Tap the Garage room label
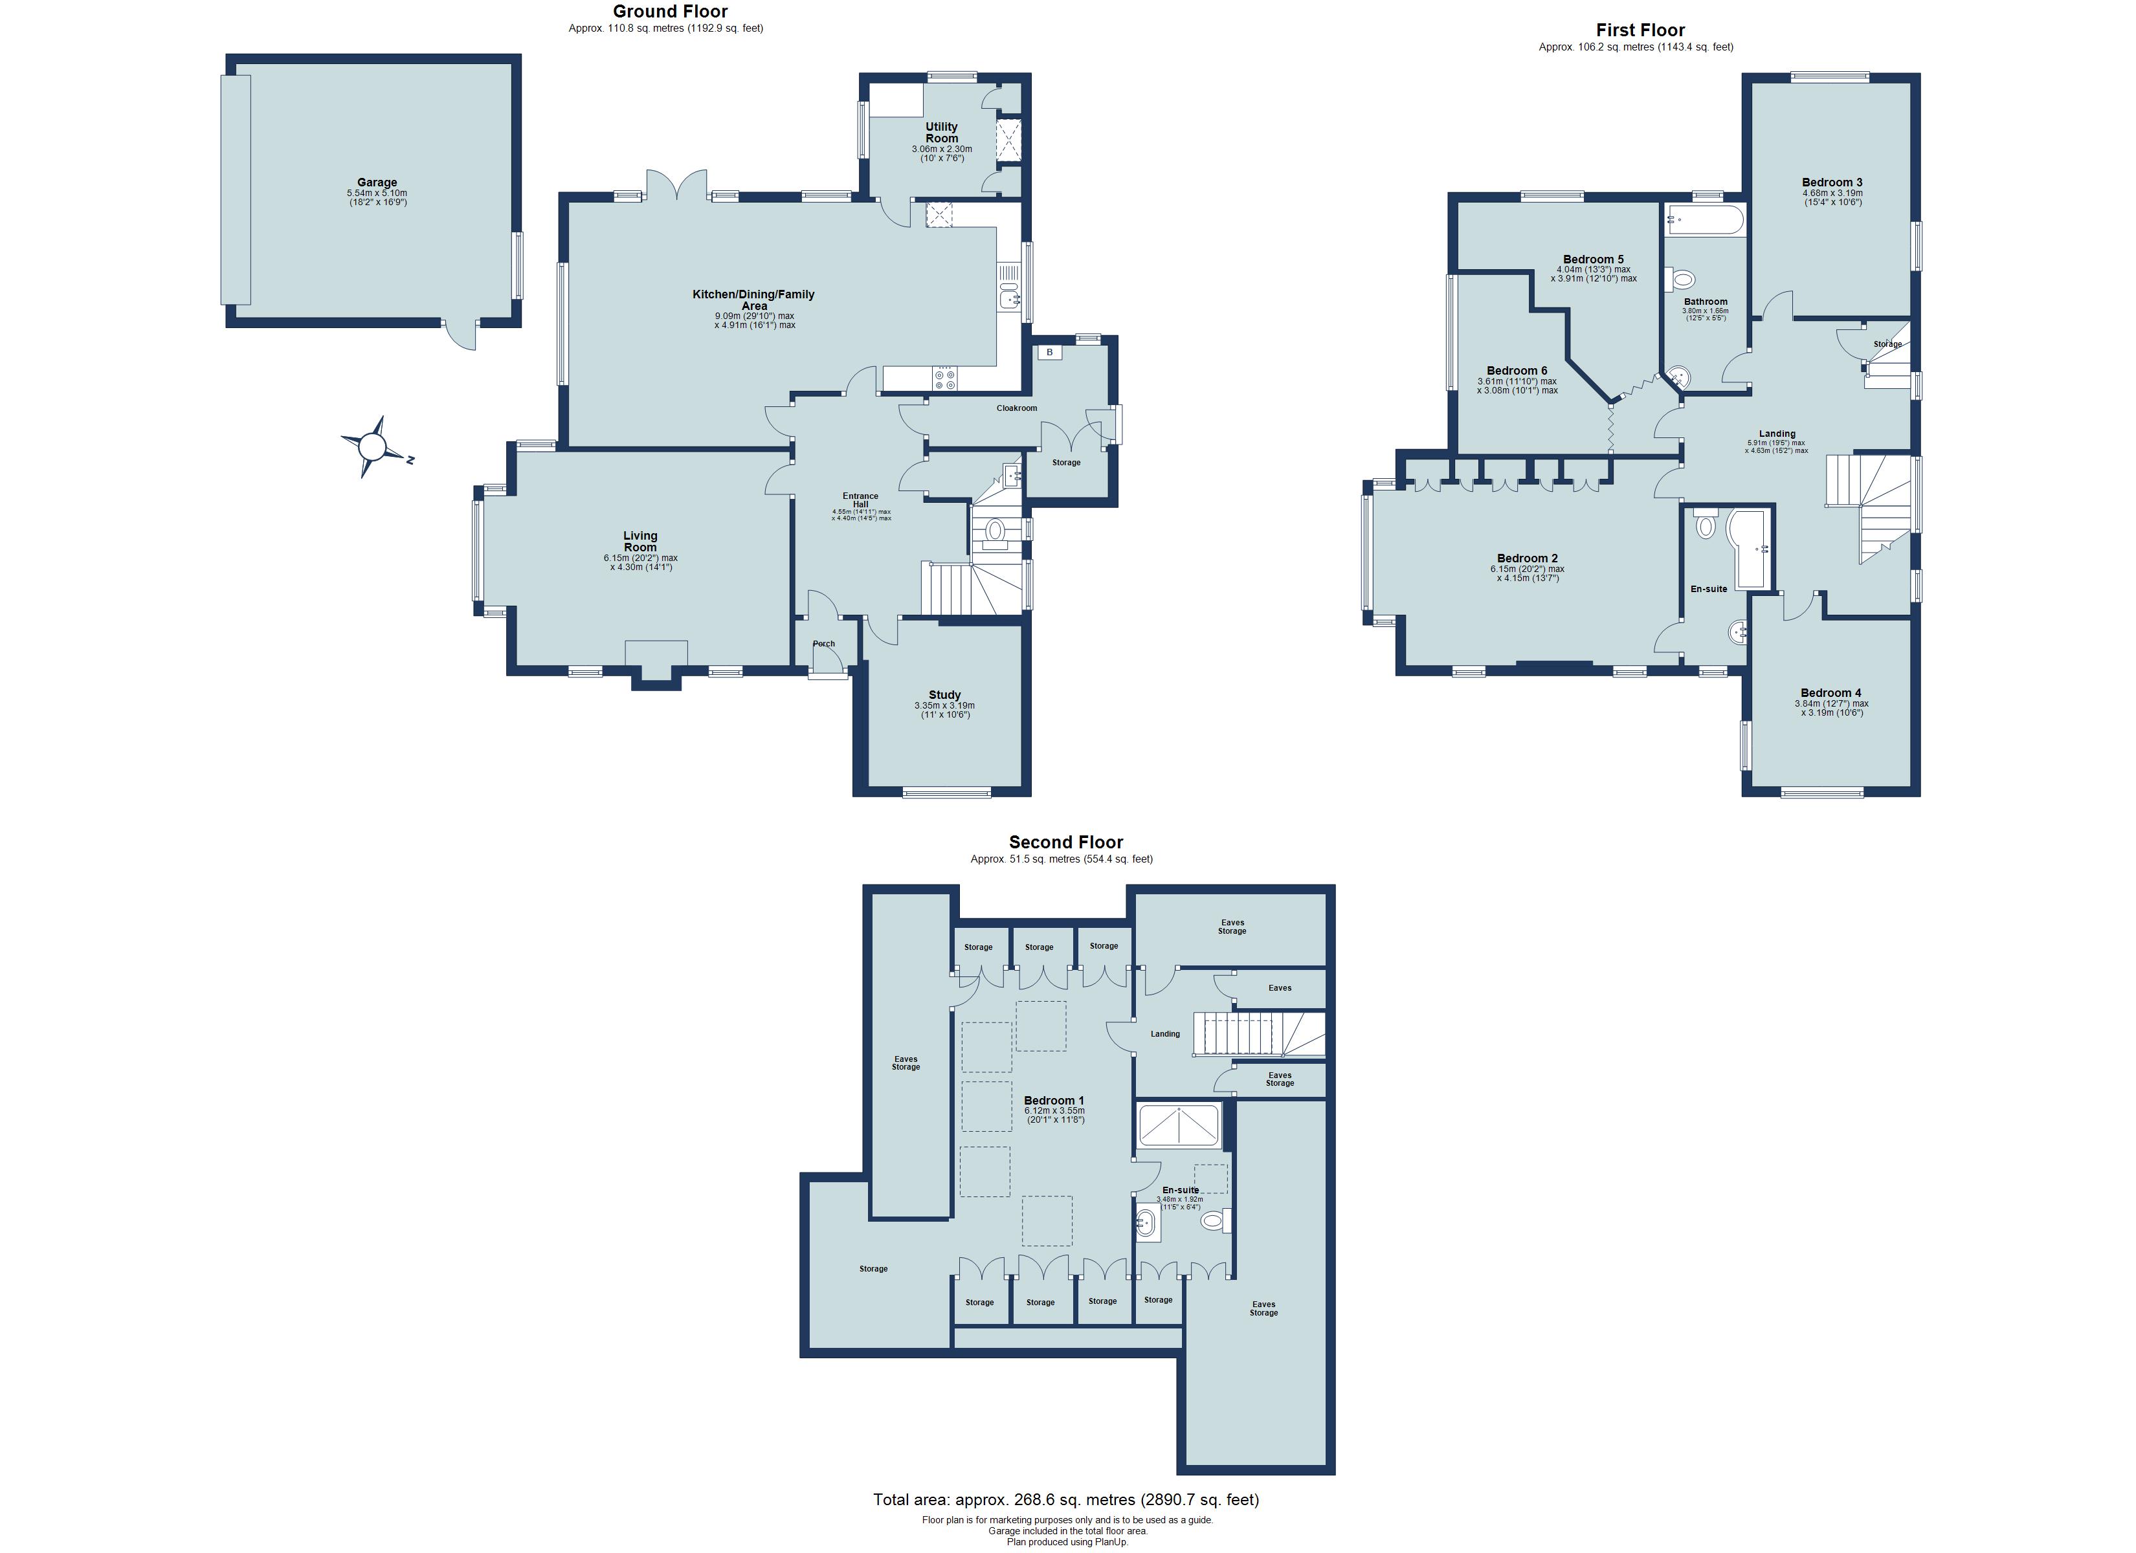(x=377, y=182)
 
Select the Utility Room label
(x=941, y=132)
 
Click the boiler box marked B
(x=1049, y=352)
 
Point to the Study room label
(x=944, y=695)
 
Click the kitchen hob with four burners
(x=944, y=379)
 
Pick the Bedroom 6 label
(x=1517, y=370)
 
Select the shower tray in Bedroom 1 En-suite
(x=1179, y=1125)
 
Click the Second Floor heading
(x=1065, y=842)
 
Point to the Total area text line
(x=1065, y=1499)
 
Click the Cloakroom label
(x=1016, y=408)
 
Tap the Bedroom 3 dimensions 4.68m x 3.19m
(x=1832, y=193)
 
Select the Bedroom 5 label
(x=1592, y=259)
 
